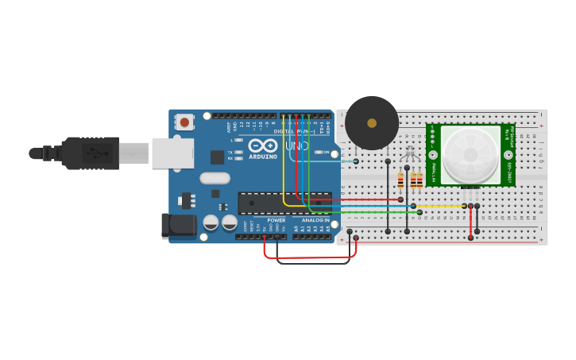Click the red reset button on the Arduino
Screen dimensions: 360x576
pyautogui.click(x=184, y=122)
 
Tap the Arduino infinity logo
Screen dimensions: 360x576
pyautogui.click(x=263, y=146)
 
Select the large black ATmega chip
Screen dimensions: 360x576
pyautogui.click(x=284, y=203)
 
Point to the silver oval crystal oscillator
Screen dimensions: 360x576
pyautogui.click(x=215, y=178)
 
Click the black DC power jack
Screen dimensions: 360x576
pyautogui.click(x=179, y=226)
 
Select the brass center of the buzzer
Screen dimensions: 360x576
pyautogui.click(x=372, y=123)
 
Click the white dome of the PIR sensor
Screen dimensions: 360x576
pyautogui.click(x=470, y=155)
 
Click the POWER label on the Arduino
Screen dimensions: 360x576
pyautogui.click(x=276, y=220)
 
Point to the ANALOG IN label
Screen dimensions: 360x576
pyautogui.click(x=315, y=220)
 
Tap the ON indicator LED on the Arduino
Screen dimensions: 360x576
pyautogui.click(x=317, y=152)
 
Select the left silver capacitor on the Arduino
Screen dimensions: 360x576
pyautogui.click(x=211, y=223)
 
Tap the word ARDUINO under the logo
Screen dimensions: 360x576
pyautogui.click(x=263, y=157)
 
